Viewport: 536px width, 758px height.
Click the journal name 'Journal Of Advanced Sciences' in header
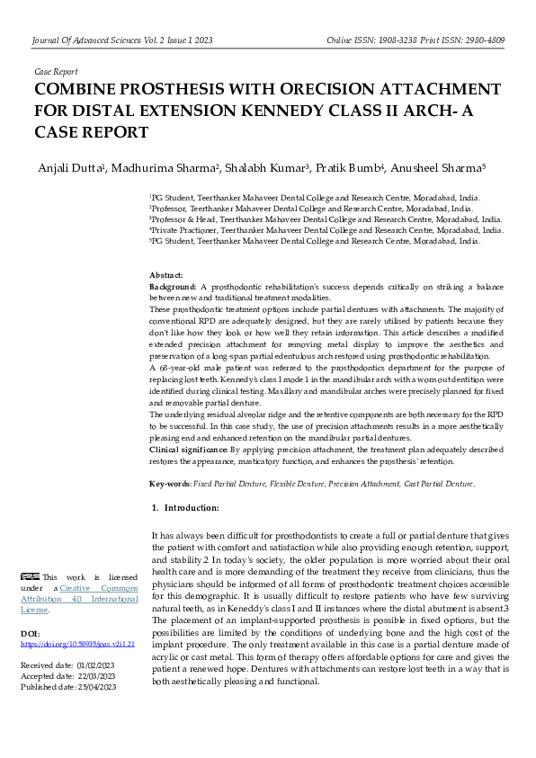point(94,40)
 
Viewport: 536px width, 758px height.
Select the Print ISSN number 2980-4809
point(481,40)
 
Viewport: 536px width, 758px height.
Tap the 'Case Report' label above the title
point(56,71)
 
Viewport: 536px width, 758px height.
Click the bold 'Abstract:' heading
point(166,274)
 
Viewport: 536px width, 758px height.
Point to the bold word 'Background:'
point(173,285)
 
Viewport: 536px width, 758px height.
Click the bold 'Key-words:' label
point(170,484)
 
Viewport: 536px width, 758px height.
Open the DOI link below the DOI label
point(76,645)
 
